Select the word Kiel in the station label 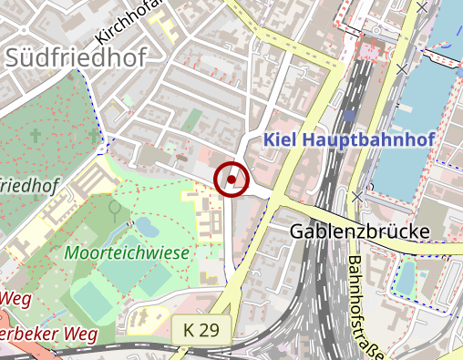281,139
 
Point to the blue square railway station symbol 349,117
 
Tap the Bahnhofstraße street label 365,305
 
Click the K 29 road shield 201,330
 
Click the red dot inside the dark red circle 232,179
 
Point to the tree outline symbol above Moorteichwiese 115,209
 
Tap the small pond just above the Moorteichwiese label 144,224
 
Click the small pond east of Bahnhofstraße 406,274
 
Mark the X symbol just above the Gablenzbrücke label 357,196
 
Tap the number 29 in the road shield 208,330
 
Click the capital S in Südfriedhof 14,58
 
